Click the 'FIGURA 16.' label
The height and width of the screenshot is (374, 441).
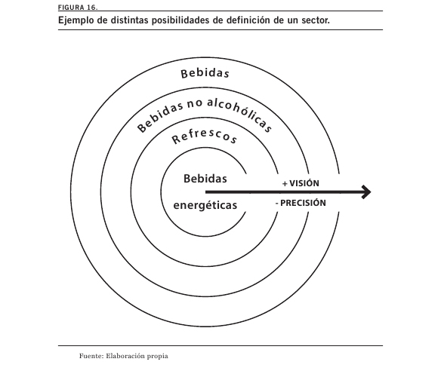(x=78, y=8)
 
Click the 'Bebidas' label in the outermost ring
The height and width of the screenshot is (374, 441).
(x=205, y=73)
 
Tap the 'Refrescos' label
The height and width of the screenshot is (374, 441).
(x=205, y=137)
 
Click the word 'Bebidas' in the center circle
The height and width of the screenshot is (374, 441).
(x=205, y=179)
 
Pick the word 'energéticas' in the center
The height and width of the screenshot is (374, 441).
(x=205, y=205)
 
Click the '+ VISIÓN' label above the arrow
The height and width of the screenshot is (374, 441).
(x=301, y=183)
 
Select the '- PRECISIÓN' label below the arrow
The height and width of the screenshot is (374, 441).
(x=301, y=203)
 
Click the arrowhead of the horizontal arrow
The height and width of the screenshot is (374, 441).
(x=366, y=192)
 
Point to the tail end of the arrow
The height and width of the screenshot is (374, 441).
(x=206, y=192)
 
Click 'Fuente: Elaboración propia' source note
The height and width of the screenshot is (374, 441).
(x=124, y=356)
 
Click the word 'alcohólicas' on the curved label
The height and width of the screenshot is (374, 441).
(x=239, y=115)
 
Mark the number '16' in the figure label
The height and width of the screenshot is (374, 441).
(x=91, y=8)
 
